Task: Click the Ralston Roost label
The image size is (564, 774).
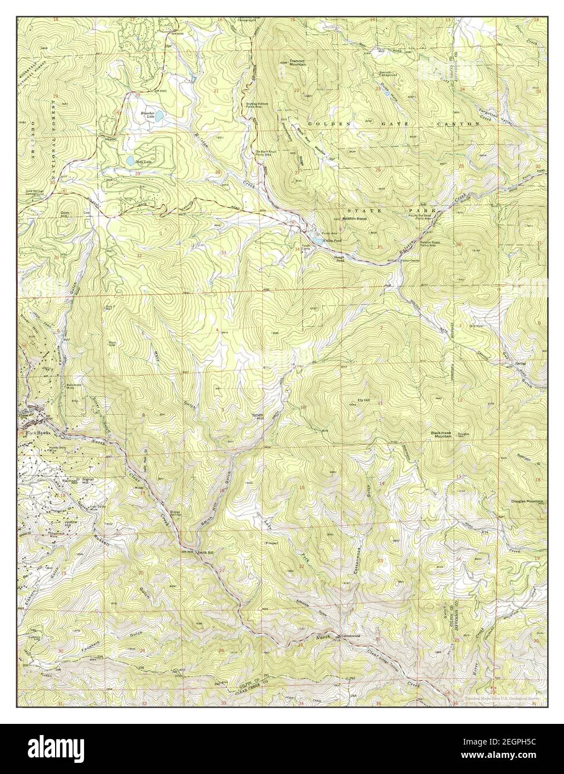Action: coord(353,219)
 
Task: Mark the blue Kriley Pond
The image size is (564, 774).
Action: coord(315,239)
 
